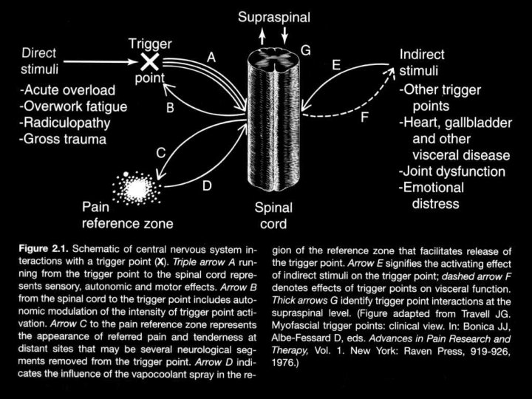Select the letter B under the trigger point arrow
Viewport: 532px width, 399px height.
click(x=170, y=108)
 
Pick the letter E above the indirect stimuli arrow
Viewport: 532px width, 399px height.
click(x=335, y=66)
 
